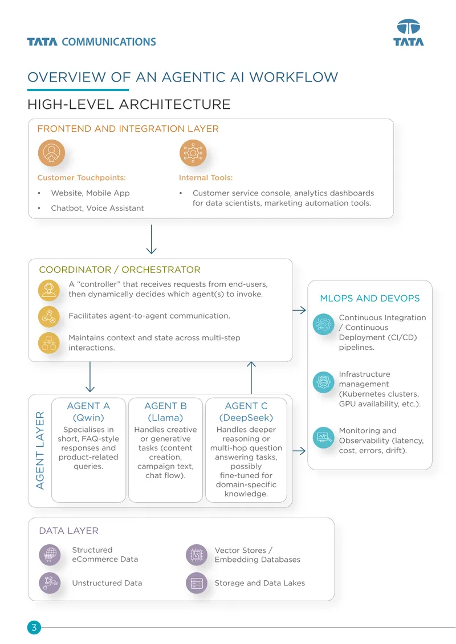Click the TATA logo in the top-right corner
(x=408, y=32)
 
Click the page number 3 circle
(x=34, y=627)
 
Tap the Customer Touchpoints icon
(x=51, y=153)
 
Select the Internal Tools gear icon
(x=193, y=153)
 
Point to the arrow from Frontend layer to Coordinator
(x=151, y=239)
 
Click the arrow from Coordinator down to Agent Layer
(x=90, y=377)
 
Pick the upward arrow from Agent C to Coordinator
(x=251, y=377)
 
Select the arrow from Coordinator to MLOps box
(x=299, y=310)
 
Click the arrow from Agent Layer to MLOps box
(x=299, y=451)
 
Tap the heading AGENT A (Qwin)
(x=88, y=411)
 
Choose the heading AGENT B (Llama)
(x=165, y=411)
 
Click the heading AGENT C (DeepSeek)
(x=246, y=411)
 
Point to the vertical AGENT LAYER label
(x=40, y=450)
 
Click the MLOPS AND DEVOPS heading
(x=370, y=298)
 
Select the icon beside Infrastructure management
(x=323, y=382)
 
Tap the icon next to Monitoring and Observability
(x=323, y=438)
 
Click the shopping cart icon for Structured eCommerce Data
(x=50, y=555)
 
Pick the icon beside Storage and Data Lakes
(x=197, y=583)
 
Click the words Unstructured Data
(x=107, y=583)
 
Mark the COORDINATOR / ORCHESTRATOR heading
(x=120, y=270)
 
